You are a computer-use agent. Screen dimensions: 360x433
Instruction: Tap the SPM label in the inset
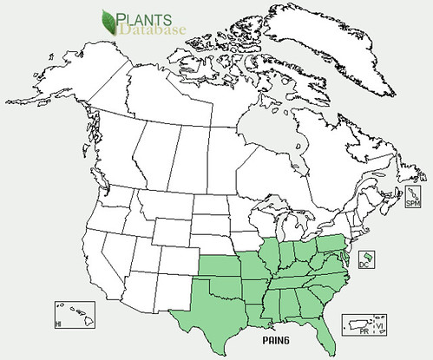[413, 202]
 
